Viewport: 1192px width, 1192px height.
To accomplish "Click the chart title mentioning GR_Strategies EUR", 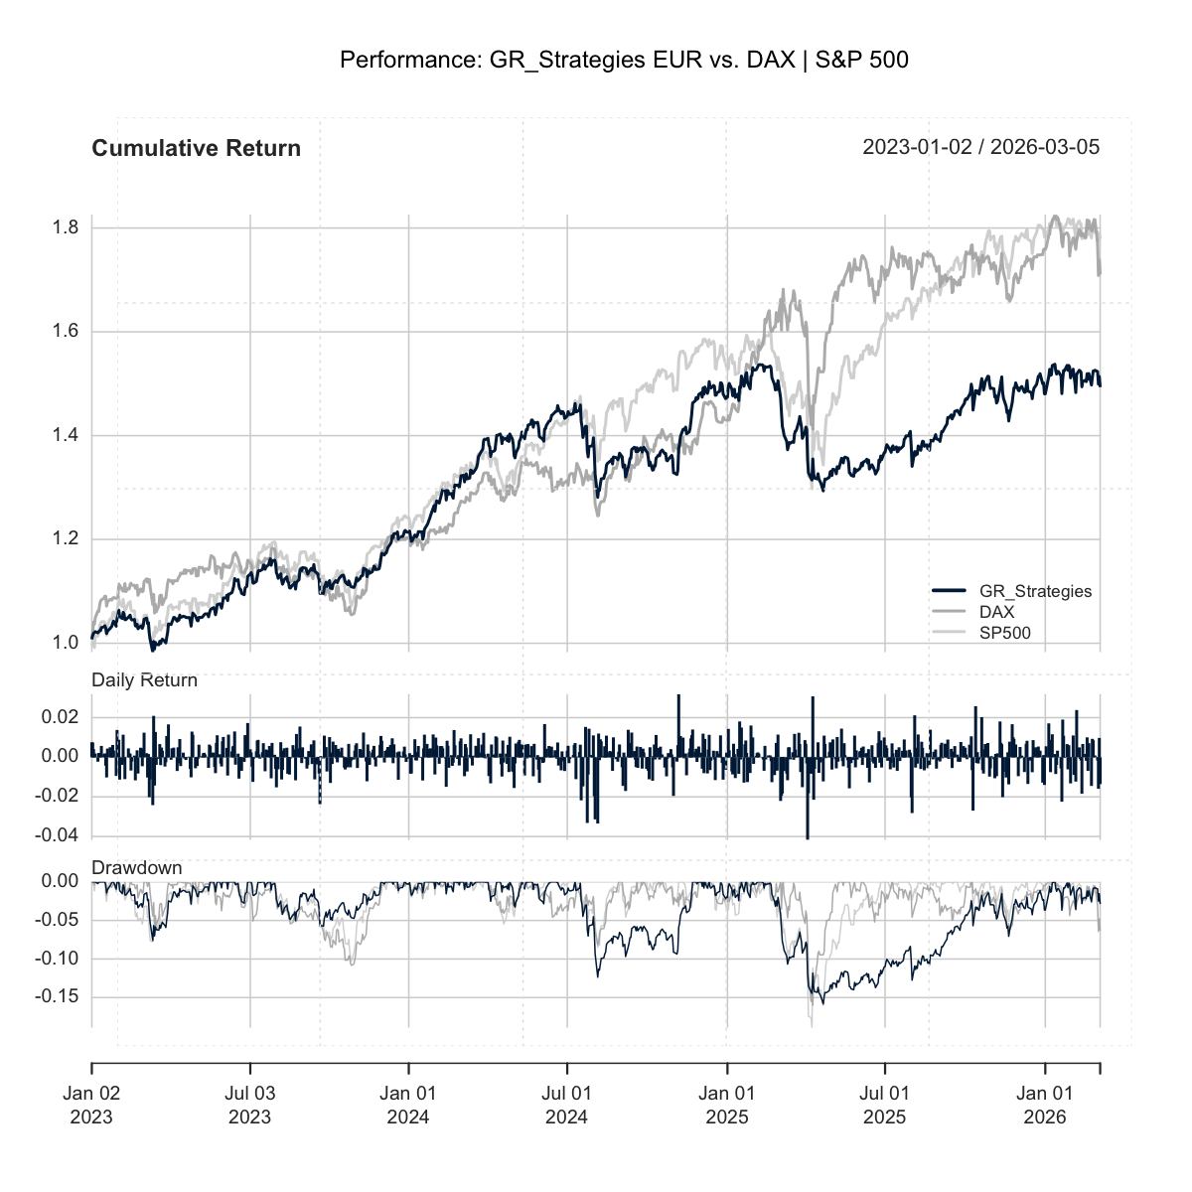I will [624, 61].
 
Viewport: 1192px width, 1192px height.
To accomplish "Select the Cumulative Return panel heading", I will [196, 149].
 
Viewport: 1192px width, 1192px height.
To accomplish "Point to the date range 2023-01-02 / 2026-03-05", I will [980, 148].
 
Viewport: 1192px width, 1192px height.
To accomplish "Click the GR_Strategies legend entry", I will [1035, 591].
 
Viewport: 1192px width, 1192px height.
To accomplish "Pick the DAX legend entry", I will [996, 612].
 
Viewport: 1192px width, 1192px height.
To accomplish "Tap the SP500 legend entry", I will [1004, 632].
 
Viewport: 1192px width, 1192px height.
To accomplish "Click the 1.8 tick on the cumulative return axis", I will [66, 228].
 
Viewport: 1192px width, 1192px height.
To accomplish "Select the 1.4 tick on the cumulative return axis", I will [66, 436].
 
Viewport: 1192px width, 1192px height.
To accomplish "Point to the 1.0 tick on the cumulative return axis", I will [66, 644].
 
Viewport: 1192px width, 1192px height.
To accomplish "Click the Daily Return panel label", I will [144, 680].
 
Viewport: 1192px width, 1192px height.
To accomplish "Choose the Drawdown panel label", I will [137, 868].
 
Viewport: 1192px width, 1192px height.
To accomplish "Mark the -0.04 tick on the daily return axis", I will [56, 836].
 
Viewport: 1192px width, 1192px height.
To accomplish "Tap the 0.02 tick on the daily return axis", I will [60, 717].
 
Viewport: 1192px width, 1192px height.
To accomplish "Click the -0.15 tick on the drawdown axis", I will [56, 997].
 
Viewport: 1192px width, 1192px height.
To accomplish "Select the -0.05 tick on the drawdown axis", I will [56, 921].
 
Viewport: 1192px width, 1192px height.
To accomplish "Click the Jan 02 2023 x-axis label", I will [91, 1105].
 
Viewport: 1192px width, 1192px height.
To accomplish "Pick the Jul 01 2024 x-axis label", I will [567, 1105].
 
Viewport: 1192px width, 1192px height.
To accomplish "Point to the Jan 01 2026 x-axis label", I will [1044, 1105].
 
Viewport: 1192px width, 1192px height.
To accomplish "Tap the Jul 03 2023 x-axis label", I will [249, 1105].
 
